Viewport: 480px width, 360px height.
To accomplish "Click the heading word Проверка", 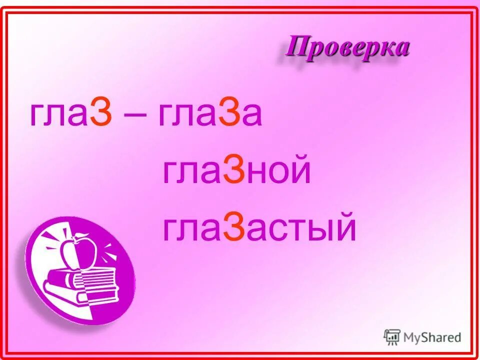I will pyautogui.click(x=348, y=48).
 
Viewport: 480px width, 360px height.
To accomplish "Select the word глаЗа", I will pyautogui.click(x=210, y=116).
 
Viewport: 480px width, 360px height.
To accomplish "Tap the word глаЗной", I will pyautogui.click(x=236, y=172).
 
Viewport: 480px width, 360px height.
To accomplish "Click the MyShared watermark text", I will pyautogui.click(x=432, y=337).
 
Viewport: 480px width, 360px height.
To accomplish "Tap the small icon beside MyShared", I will pyautogui.click(x=392, y=337).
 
